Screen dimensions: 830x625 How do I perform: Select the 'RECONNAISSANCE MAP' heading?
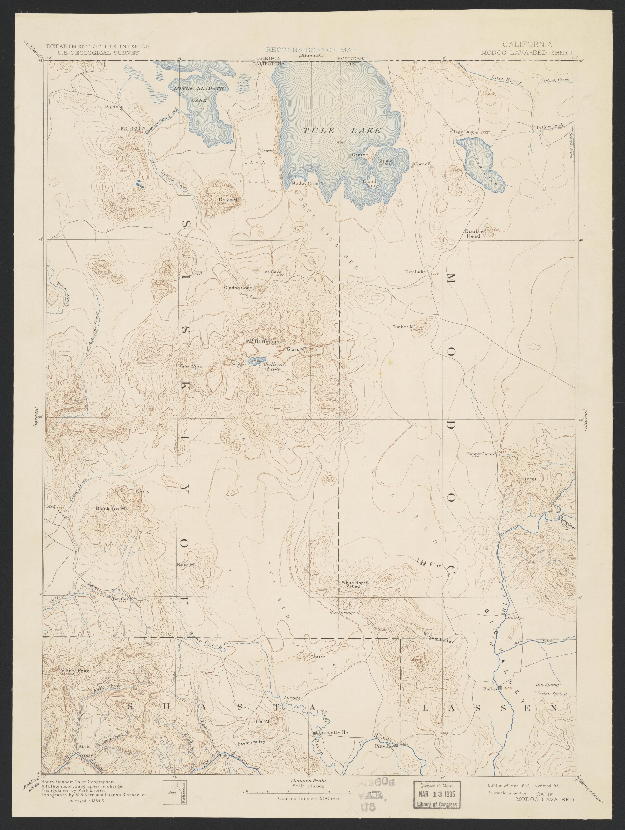pyautogui.click(x=311, y=49)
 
